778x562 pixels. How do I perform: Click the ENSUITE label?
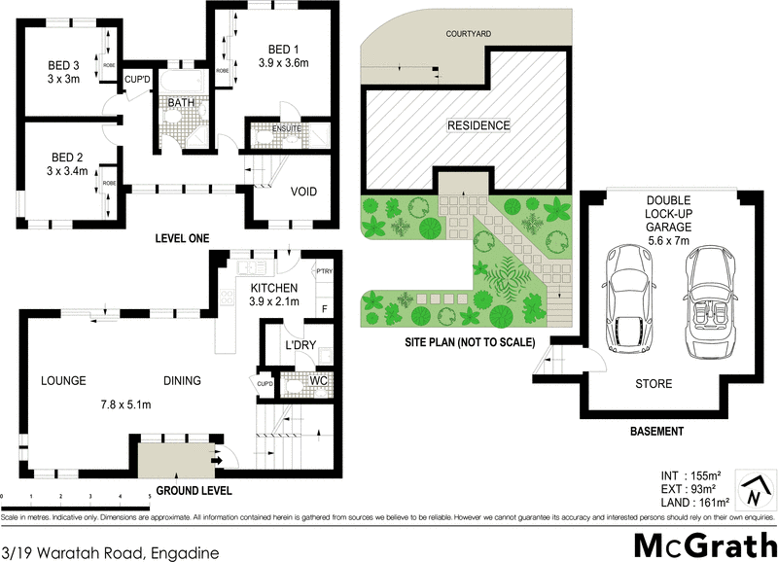point(286,128)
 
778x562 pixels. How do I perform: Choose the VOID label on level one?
point(303,192)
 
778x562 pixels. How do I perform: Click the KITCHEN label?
point(272,288)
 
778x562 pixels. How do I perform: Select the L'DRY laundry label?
point(297,346)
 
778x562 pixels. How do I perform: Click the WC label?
point(316,379)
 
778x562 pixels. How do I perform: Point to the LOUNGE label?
point(64,381)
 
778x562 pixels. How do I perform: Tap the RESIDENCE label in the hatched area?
point(477,125)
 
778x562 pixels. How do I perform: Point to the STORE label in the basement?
point(654,384)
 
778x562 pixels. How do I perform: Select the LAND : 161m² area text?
point(692,503)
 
